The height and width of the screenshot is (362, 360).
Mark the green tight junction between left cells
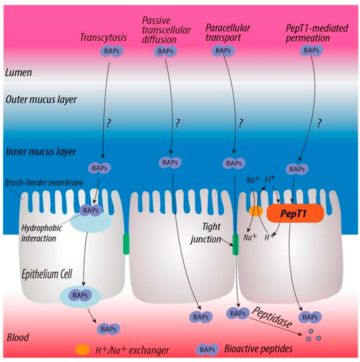click(x=125, y=244)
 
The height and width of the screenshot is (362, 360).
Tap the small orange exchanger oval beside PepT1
click(x=256, y=211)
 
